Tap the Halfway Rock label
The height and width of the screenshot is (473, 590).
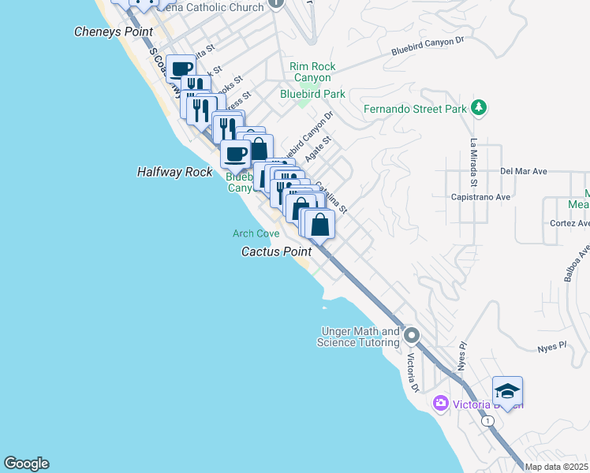[175, 171]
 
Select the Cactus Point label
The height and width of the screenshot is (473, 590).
[276, 251]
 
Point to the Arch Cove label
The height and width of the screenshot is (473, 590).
[256, 233]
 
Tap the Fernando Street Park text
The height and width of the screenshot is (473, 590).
[416, 110]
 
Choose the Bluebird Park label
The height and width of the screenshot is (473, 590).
[313, 94]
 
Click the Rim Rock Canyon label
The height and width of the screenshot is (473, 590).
[313, 73]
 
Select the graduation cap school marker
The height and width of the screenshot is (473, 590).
[507, 392]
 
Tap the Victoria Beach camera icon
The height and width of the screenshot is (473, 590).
[441, 404]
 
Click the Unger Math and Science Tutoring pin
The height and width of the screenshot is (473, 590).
[411, 337]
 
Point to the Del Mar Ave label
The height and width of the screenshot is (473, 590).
[524, 171]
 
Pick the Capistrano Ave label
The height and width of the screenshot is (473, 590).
[480, 197]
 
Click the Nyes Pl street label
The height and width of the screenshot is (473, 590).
[552, 346]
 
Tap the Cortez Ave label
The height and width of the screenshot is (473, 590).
[569, 223]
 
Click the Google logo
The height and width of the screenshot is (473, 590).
[26, 464]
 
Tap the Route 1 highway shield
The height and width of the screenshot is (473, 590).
[490, 422]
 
